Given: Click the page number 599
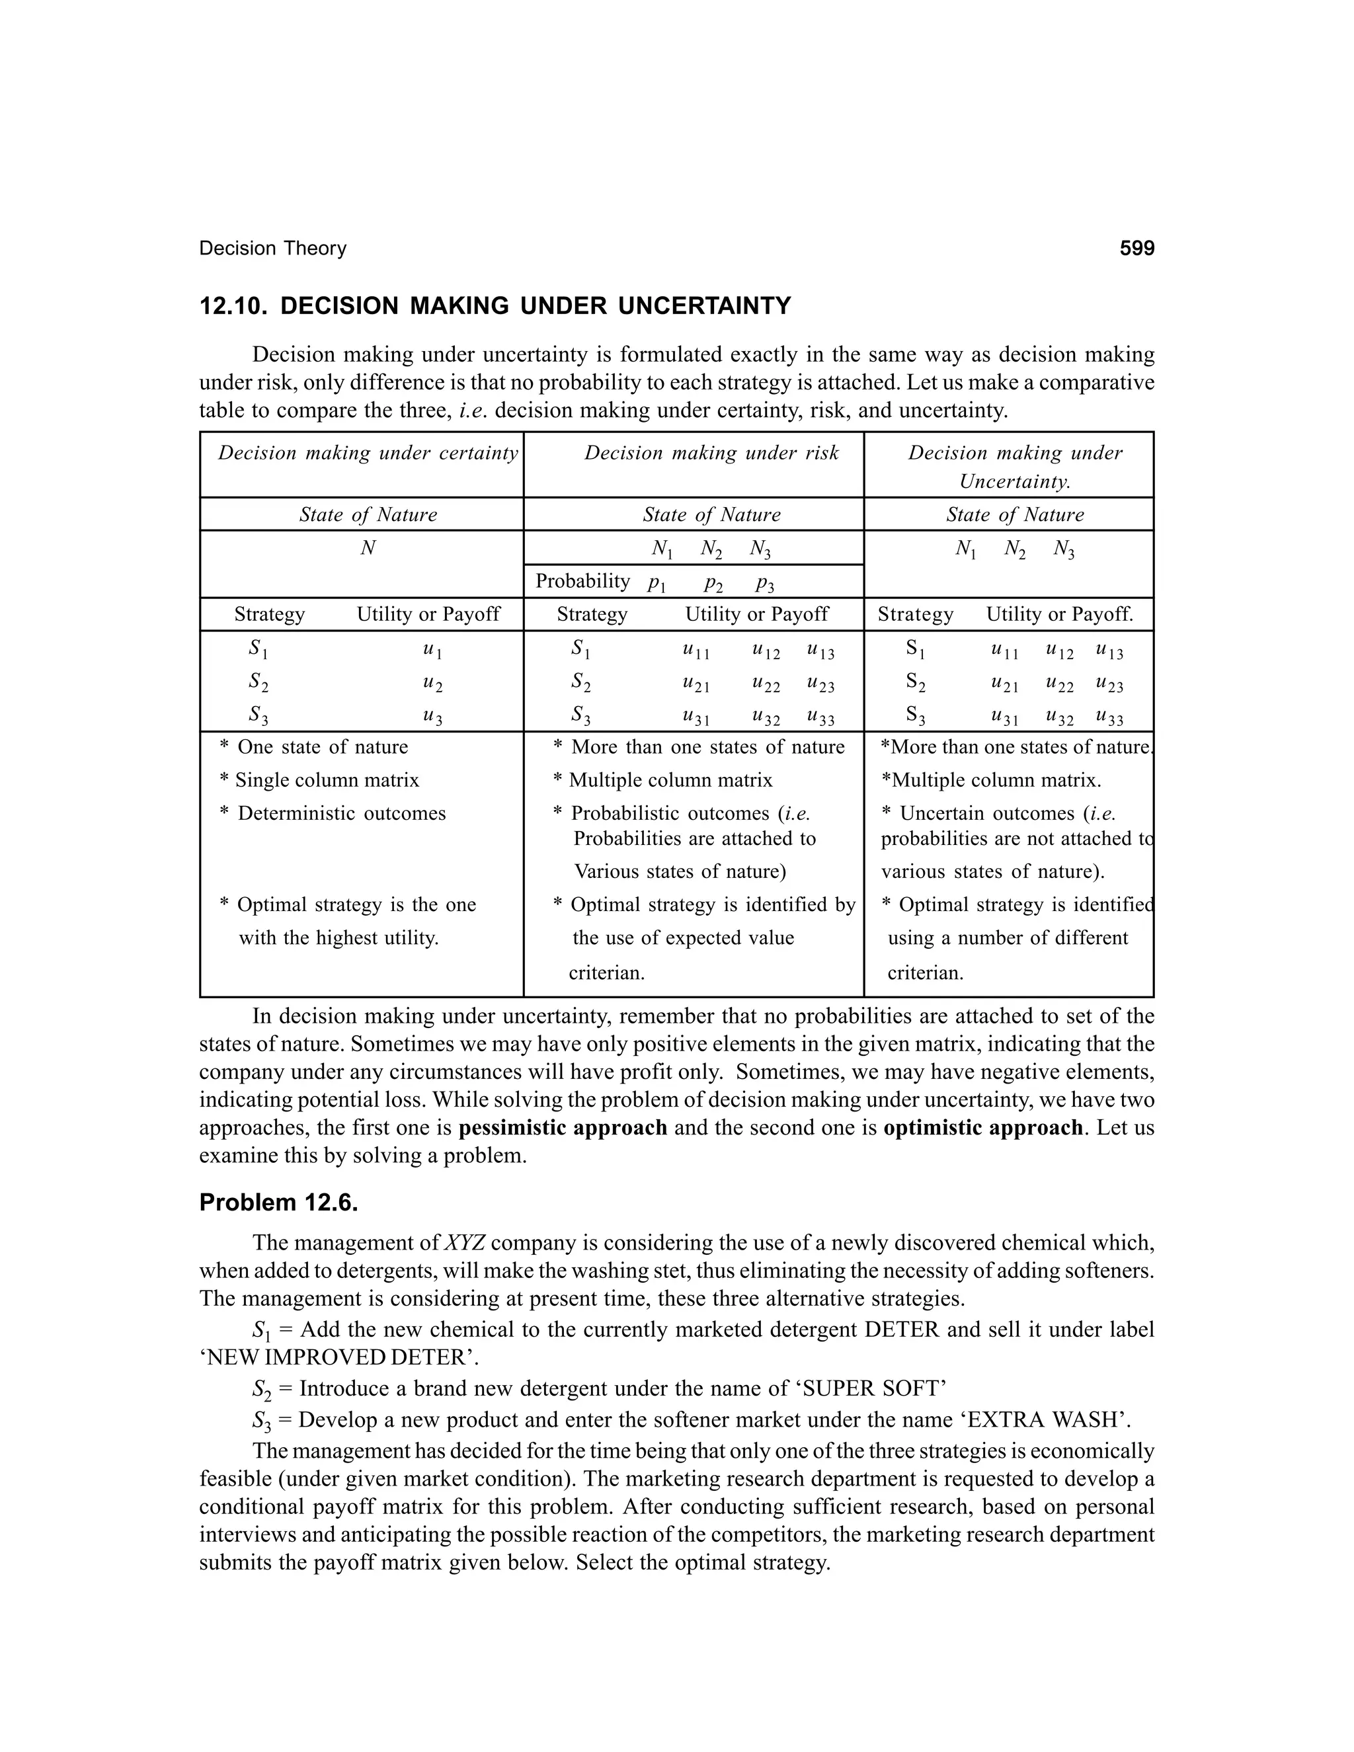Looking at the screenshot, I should tap(1136, 249).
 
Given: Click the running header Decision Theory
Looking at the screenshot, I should tap(273, 249).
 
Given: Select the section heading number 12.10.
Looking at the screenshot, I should tap(233, 307).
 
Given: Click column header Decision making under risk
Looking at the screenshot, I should tap(711, 454).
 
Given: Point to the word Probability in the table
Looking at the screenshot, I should tap(582, 580).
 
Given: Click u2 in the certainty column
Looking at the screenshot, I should tap(432, 684).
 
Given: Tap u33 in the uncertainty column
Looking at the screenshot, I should tap(1109, 717).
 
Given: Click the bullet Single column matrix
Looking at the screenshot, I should tap(327, 779).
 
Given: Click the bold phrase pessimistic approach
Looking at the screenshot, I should tap(563, 1128).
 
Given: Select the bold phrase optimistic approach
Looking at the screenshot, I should tap(982, 1128).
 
